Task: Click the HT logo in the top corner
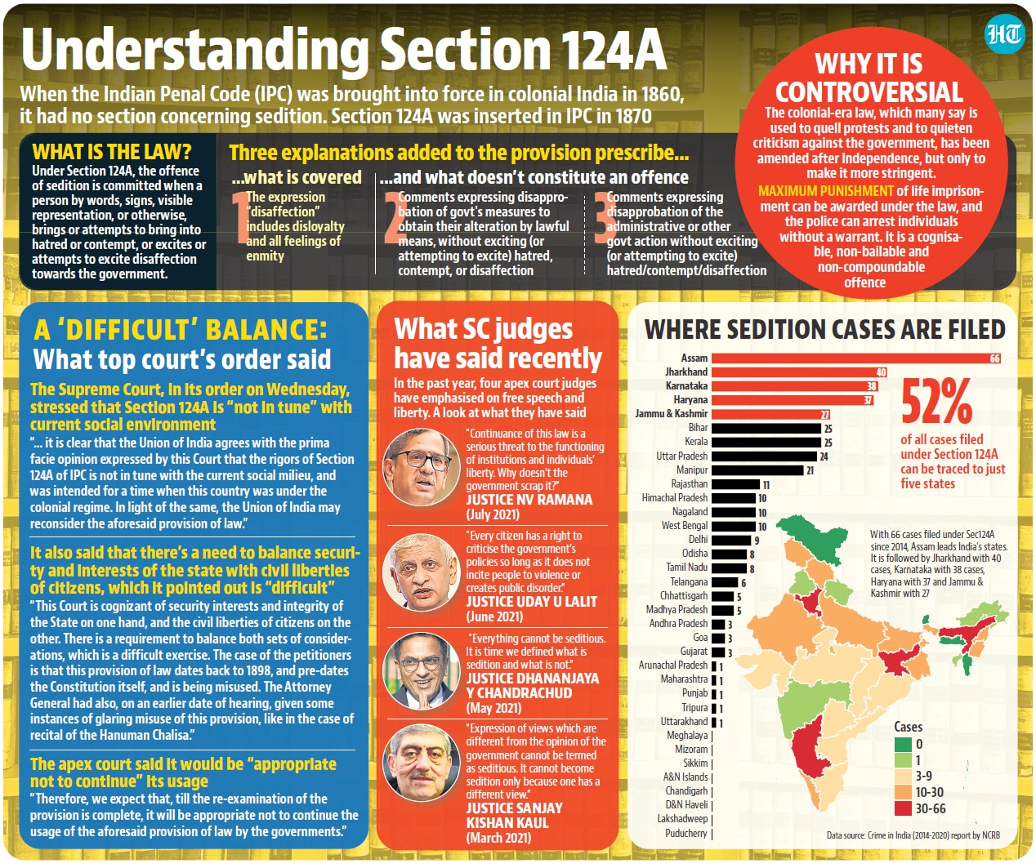(1004, 34)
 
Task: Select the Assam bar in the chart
(856, 358)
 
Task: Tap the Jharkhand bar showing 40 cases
(799, 372)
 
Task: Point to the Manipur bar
(757, 470)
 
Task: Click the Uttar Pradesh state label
(681, 456)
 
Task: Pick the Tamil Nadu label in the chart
(686, 567)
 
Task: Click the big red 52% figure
(936, 402)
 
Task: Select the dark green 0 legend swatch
(903, 744)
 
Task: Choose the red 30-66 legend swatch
(903, 809)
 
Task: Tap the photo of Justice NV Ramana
(422, 467)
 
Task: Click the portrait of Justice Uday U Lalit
(422, 572)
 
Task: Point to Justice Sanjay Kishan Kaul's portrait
(422, 763)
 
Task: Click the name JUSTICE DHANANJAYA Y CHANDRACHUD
(533, 685)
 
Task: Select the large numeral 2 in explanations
(395, 217)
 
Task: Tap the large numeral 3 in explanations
(604, 217)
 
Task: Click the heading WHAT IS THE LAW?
(112, 152)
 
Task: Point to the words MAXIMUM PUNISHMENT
(826, 191)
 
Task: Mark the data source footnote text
(913, 836)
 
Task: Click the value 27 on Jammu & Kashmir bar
(824, 415)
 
